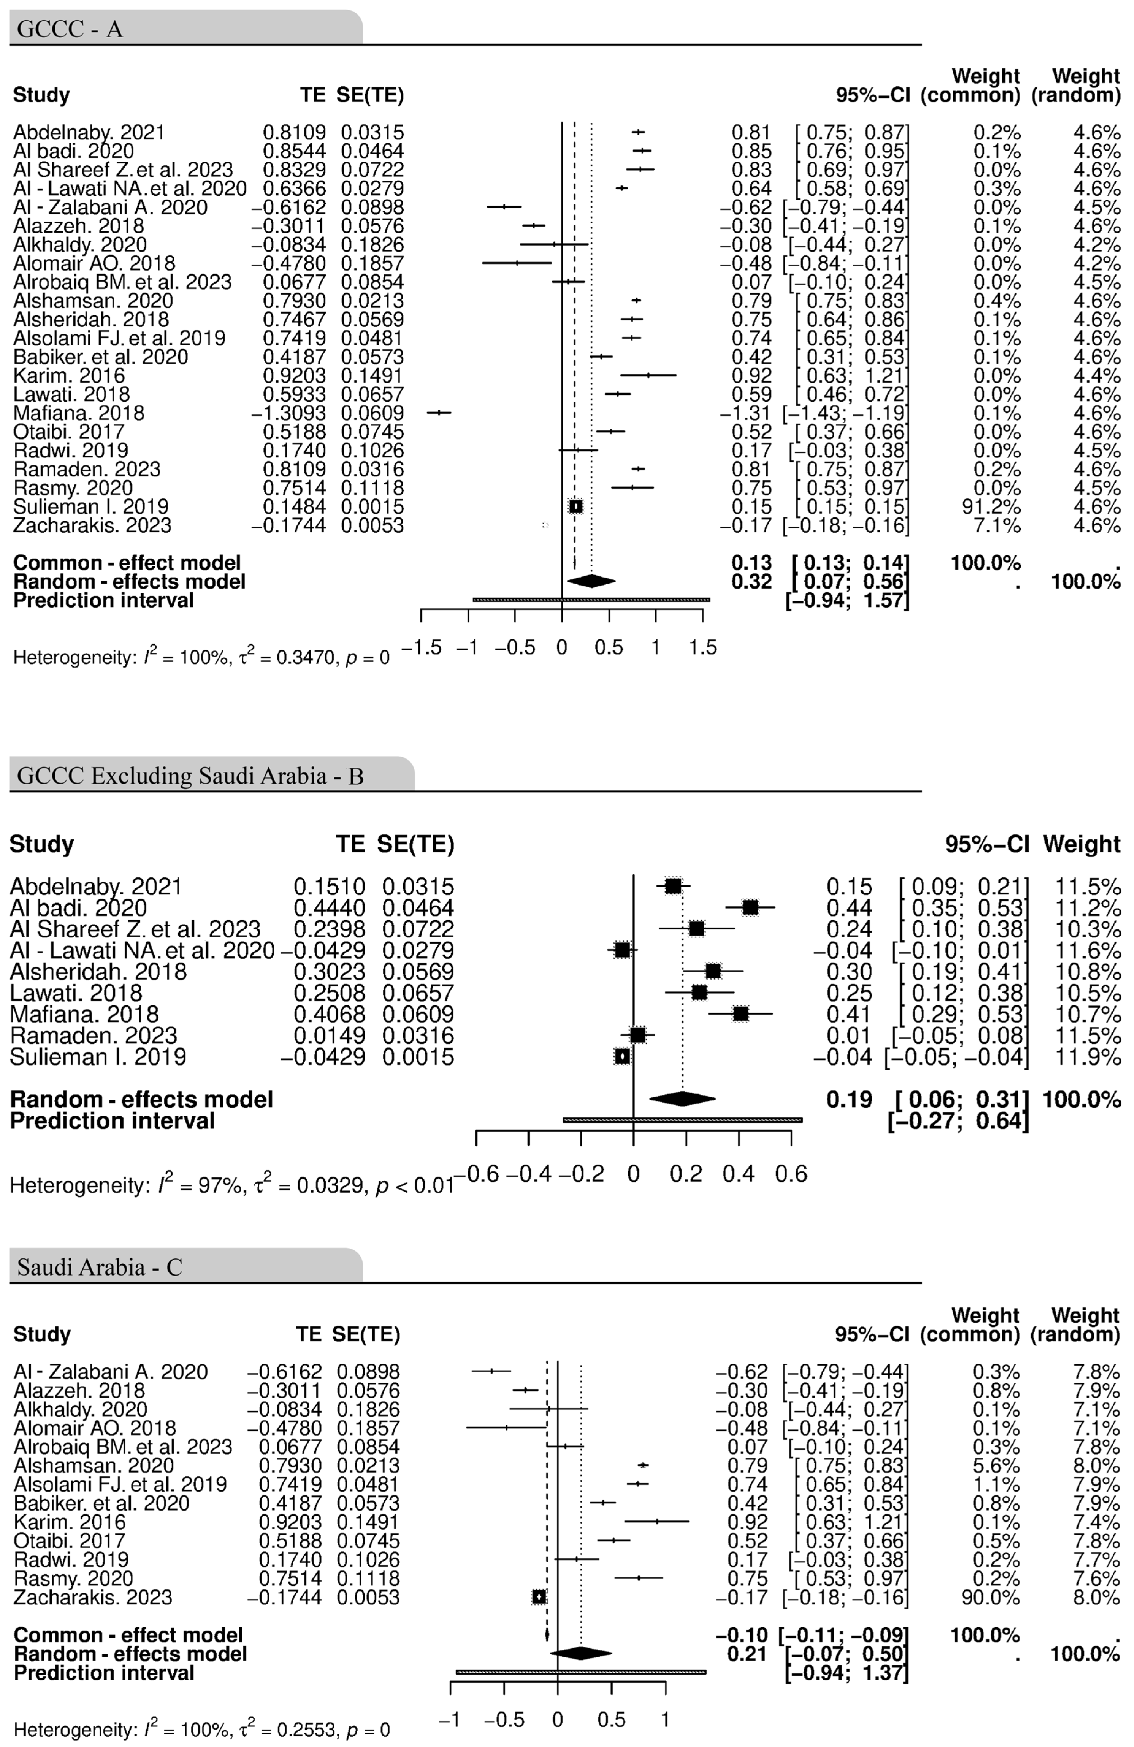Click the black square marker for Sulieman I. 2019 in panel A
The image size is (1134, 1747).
pos(576,506)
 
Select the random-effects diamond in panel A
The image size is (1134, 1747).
pos(592,581)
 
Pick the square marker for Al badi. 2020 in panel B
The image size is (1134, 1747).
pos(750,908)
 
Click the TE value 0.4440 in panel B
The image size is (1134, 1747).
pos(330,908)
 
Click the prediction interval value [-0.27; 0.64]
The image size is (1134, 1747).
pos(957,1121)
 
